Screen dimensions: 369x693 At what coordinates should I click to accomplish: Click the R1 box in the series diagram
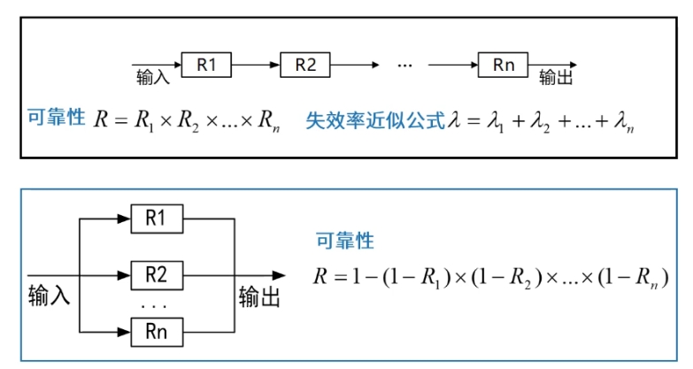click(x=206, y=64)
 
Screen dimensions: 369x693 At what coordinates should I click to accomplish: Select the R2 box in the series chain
click(x=305, y=64)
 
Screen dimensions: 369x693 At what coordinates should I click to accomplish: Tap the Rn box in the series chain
click(x=503, y=64)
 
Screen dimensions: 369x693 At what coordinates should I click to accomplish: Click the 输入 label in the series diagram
click(x=152, y=78)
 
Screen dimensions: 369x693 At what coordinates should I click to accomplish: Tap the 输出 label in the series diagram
click(x=556, y=78)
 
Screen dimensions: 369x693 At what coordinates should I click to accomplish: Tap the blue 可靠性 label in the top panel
click(x=55, y=117)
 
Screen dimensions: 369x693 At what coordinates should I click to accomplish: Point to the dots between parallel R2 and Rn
click(x=155, y=305)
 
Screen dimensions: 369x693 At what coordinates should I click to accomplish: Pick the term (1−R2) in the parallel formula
click(x=502, y=276)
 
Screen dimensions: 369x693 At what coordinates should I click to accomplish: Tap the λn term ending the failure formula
click(x=625, y=122)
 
